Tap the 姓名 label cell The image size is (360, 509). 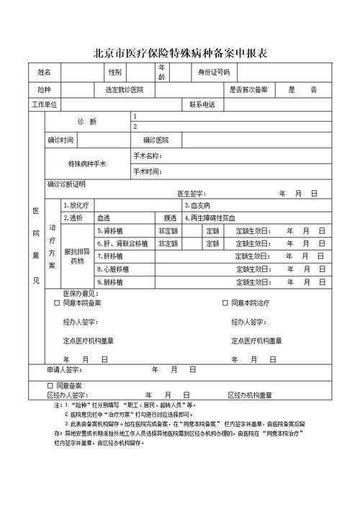[x=45, y=72]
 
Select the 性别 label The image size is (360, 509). [x=115, y=72]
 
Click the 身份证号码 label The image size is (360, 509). [x=214, y=72]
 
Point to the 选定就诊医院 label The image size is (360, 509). [x=124, y=90]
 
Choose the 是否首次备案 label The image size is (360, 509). [x=248, y=90]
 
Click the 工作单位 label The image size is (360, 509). [x=45, y=105]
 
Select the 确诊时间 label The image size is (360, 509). [x=60, y=140]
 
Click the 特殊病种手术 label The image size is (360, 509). [x=87, y=164]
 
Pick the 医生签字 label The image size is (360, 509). [x=192, y=194]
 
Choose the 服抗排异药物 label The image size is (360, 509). [x=78, y=257]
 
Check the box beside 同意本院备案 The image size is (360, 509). [x=57, y=303]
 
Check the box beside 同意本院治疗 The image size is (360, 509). [x=225, y=303]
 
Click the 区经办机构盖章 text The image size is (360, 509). [x=250, y=395]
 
